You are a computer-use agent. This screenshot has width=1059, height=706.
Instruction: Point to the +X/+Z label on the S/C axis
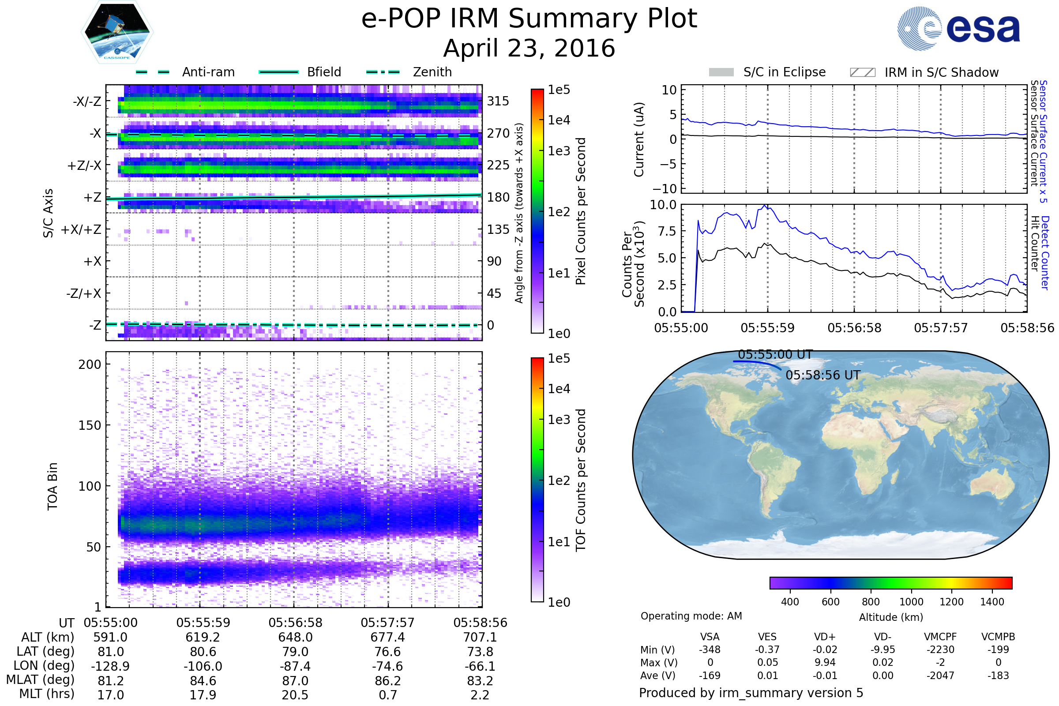point(81,229)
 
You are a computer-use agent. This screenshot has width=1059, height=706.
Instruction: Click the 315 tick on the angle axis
point(498,101)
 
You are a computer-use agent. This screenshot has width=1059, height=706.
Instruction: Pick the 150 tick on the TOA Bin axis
point(90,425)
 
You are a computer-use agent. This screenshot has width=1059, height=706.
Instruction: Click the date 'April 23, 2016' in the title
point(529,48)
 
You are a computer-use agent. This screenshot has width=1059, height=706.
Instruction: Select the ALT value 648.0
point(295,637)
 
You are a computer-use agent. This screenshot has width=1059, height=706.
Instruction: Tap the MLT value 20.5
point(295,695)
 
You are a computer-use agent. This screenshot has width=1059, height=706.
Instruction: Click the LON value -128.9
point(110,666)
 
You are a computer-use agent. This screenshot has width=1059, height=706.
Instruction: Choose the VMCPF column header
point(940,637)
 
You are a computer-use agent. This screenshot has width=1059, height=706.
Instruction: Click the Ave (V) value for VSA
point(710,676)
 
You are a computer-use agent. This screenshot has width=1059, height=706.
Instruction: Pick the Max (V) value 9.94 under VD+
point(825,662)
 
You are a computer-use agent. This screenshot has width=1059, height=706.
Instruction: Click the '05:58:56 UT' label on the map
point(822,375)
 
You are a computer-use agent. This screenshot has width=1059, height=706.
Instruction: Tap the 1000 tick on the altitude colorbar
point(911,602)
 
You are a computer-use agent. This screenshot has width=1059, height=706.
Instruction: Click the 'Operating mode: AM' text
point(691,616)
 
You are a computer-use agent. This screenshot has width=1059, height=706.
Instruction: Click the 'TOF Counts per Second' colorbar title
point(581,480)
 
